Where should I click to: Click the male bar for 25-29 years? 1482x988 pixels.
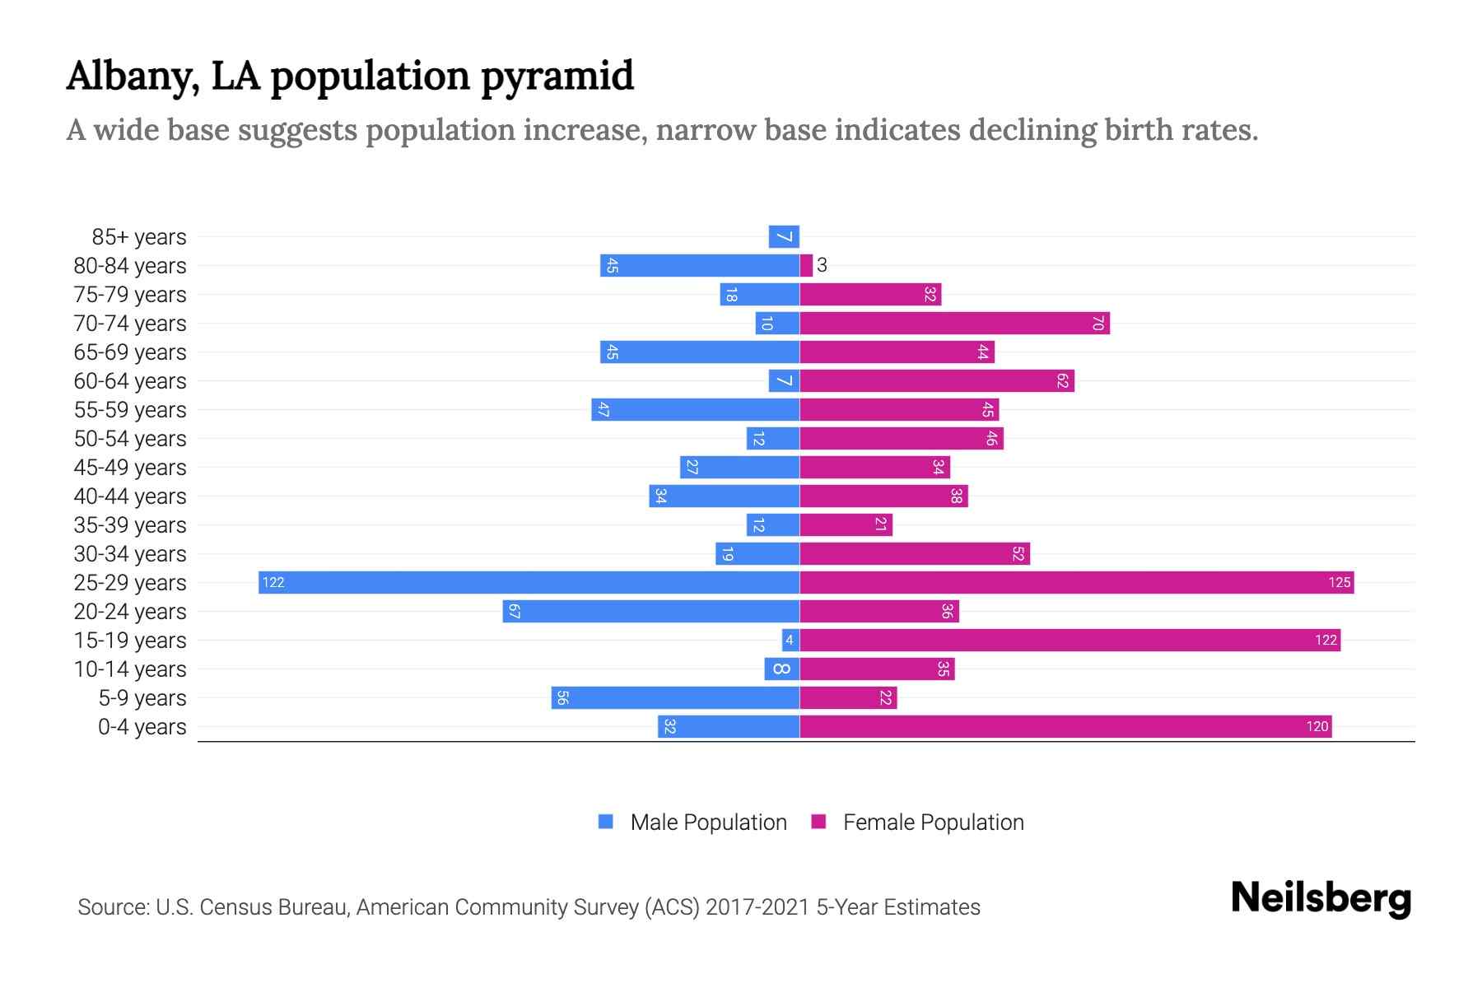(x=529, y=582)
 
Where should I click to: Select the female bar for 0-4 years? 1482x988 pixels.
(x=1065, y=726)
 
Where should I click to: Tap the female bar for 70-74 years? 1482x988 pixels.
(x=954, y=323)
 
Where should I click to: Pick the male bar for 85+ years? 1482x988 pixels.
(x=784, y=236)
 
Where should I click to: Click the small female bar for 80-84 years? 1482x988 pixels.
(x=806, y=265)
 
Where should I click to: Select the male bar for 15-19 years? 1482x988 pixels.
(x=790, y=640)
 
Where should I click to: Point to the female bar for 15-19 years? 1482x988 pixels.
(x=1070, y=640)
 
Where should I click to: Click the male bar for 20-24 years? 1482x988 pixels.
(x=650, y=611)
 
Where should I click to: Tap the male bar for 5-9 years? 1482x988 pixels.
(x=675, y=697)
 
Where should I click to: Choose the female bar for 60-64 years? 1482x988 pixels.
(x=937, y=380)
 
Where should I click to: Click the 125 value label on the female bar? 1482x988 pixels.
(x=1339, y=582)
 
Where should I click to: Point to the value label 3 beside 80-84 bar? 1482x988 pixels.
(x=822, y=265)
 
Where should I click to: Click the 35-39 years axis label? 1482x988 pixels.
(x=130, y=524)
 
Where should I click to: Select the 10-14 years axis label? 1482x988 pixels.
(x=130, y=669)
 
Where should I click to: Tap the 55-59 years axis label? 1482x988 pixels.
(x=130, y=409)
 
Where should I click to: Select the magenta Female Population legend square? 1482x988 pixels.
(x=818, y=822)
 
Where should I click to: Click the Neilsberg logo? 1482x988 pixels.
(x=1321, y=898)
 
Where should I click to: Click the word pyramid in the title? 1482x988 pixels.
(x=557, y=76)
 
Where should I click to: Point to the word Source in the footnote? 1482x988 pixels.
(x=112, y=906)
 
